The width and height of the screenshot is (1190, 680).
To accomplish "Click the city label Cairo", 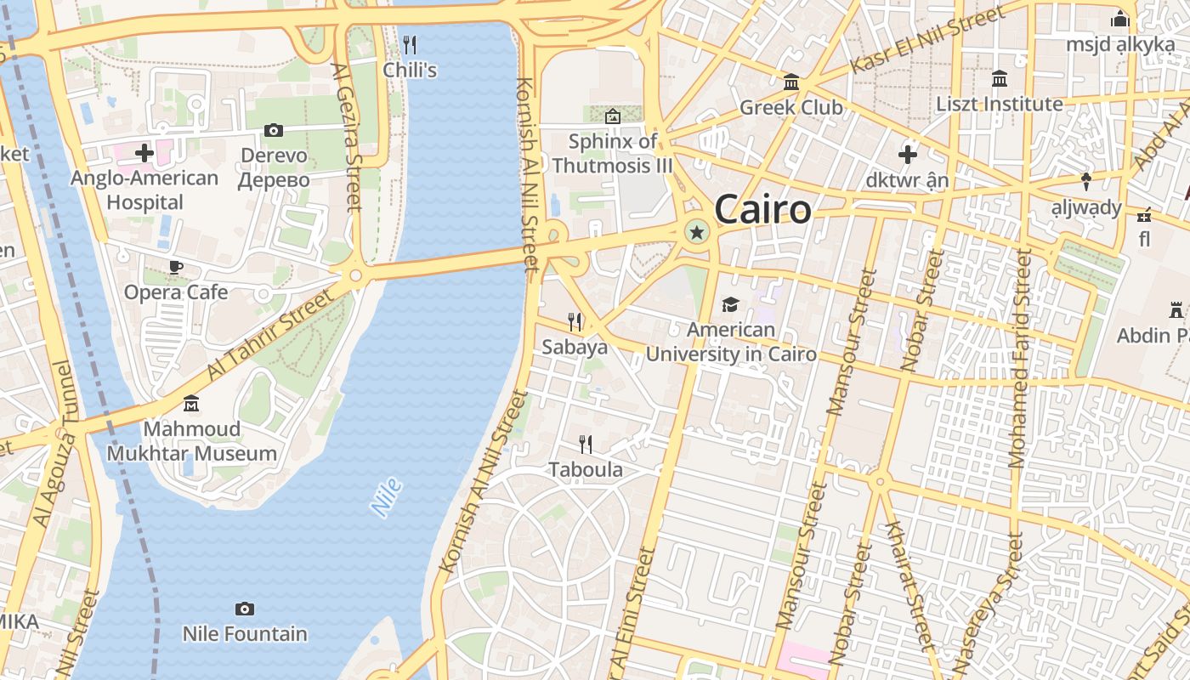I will (x=762, y=209).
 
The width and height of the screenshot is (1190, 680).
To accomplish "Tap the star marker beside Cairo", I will (x=697, y=231).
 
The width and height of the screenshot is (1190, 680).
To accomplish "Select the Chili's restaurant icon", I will (x=410, y=44).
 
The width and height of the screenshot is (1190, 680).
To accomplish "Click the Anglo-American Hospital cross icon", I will (x=144, y=153).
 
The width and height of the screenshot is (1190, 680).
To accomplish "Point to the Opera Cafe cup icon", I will (x=176, y=267).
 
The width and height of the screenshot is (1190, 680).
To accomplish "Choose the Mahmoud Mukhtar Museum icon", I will (x=191, y=402).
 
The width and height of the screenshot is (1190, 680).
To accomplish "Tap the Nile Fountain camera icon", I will (x=245, y=609).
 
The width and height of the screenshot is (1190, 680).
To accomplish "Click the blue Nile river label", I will (x=386, y=498).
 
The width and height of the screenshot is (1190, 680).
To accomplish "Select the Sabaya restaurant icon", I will (x=575, y=321).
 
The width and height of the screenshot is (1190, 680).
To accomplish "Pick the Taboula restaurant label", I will (x=586, y=469).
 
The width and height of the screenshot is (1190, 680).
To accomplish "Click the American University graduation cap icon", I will (x=730, y=304).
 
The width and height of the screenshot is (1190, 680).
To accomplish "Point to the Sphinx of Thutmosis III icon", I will (x=612, y=116).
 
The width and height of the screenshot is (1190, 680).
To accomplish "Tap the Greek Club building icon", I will (x=791, y=82).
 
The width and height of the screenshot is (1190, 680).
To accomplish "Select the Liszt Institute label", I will (x=1000, y=104).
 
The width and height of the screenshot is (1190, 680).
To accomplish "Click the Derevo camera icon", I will (x=273, y=130).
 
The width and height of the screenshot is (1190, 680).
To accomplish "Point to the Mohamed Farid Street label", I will (x=1018, y=359).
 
